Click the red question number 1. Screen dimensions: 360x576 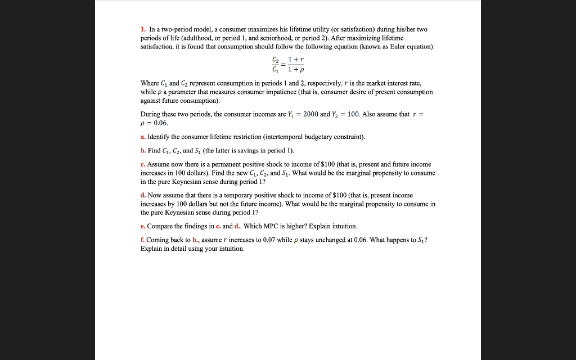(x=142, y=29)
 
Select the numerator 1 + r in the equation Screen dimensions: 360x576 (x=296, y=59)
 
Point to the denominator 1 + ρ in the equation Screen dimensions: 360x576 (x=296, y=70)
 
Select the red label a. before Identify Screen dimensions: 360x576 (x=143, y=137)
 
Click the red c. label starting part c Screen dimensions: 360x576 (x=143, y=165)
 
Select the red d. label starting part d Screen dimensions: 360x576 (x=143, y=195)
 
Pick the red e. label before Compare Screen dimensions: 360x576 (x=143, y=226)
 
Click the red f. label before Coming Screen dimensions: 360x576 (x=142, y=240)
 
